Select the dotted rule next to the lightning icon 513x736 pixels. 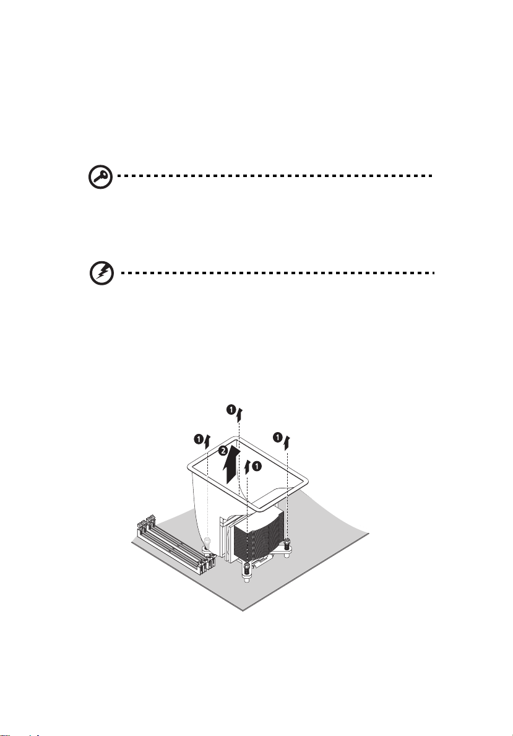tap(276, 273)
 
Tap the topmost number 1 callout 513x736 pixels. tap(230, 410)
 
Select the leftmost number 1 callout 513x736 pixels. tap(199, 439)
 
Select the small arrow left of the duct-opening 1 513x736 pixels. tap(248, 468)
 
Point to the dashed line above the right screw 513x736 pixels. tap(288, 495)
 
